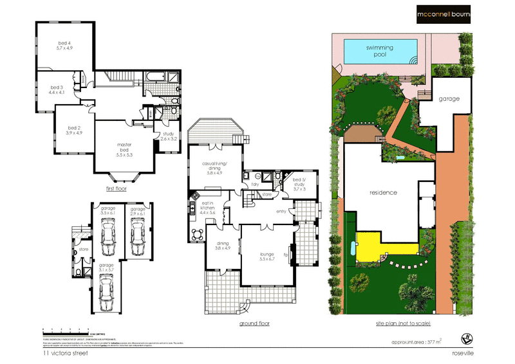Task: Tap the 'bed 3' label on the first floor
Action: (x=57, y=89)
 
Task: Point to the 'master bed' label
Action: (x=124, y=149)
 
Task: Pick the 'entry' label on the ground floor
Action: (x=281, y=210)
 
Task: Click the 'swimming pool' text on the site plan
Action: (x=380, y=51)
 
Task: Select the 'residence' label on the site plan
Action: (x=383, y=193)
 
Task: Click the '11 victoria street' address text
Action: (x=64, y=353)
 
